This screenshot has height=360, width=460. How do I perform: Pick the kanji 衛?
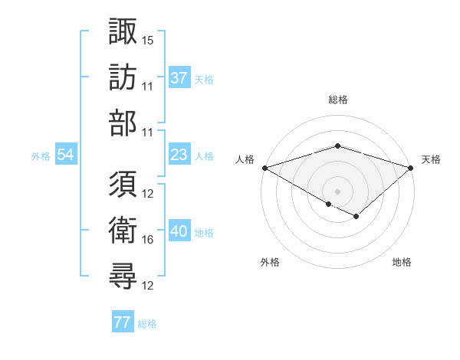point(123,231)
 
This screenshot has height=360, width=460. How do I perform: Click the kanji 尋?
point(123,277)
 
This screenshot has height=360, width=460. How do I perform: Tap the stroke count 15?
point(148,39)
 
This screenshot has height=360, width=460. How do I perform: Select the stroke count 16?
point(148,240)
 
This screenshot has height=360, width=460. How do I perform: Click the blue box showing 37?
point(179,77)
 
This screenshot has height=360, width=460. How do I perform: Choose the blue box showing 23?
point(179,155)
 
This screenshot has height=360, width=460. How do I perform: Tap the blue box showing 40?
point(179,231)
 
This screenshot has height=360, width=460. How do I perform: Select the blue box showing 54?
point(65,155)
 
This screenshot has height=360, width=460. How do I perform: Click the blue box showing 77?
point(122,322)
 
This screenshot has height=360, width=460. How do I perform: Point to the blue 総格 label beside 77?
point(147,324)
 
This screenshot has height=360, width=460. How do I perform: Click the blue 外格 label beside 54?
point(41,156)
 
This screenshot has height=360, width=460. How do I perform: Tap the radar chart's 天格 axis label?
point(431,159)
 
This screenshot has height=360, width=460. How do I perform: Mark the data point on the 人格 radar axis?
point(264,167)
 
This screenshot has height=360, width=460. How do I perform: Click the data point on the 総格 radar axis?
point(337,146)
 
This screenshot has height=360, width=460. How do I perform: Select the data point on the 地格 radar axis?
point(356,218)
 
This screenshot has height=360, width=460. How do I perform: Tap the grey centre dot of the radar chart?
point(337,191)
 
